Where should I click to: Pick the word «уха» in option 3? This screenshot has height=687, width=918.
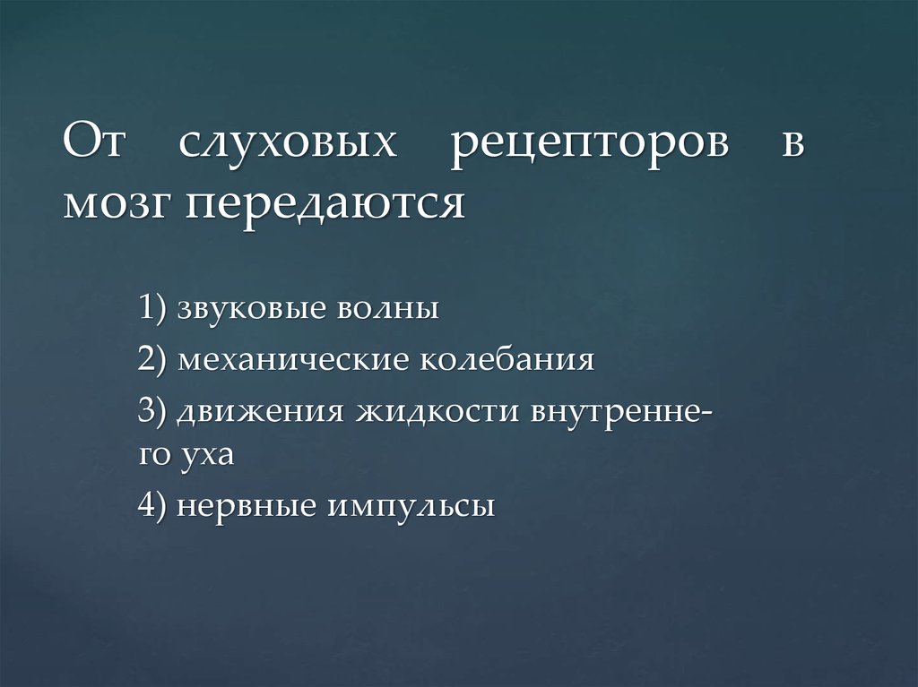[x=210, y=455]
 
